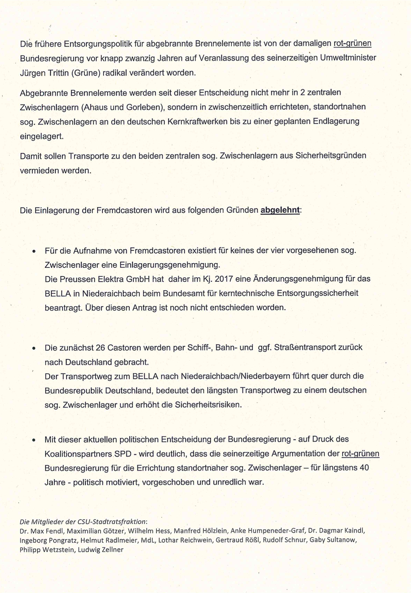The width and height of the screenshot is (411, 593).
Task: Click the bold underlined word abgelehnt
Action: point(280,210)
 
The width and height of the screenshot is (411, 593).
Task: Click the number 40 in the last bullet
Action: point(364,468)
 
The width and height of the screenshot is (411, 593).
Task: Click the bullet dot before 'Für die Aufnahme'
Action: point(34,251)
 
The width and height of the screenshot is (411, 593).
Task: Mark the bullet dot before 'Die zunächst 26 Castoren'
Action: point(34,348)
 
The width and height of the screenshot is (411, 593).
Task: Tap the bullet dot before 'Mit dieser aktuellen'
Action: point(34,440)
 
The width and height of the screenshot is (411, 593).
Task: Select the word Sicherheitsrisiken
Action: point(208,405)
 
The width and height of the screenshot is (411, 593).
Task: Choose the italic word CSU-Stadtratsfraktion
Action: point(112,522)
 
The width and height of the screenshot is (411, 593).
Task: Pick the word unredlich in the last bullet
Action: point(230,482)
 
